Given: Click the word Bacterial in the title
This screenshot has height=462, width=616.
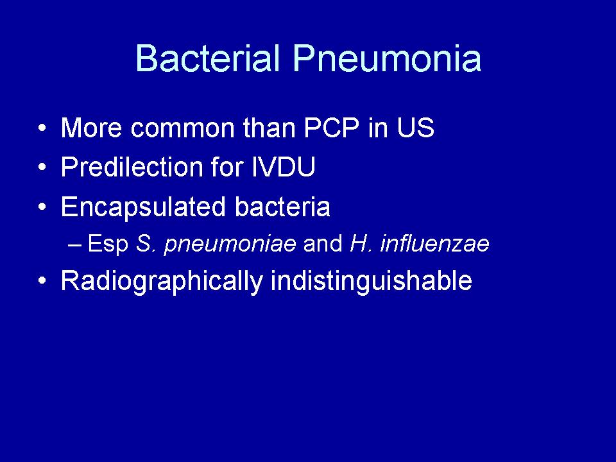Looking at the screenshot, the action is click(x=208, y=58).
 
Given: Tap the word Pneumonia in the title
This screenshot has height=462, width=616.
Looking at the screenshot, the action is click(x=387, y=58).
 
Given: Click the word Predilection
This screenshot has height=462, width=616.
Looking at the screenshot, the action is click(x=132, y=167).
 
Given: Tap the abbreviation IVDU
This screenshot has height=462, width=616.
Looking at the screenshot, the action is click(x=283, y=167).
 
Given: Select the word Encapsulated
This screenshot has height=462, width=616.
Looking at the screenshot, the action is click(x=143, y=207).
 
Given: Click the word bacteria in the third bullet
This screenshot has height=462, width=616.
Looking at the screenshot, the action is click(x=282, y=206).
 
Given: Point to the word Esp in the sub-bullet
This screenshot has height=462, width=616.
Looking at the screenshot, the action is click(x=108, y=244).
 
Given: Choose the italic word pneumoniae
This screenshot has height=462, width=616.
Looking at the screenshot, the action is click(x=230, y=244).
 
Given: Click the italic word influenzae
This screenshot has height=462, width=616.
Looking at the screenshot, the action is click(x=434, y=243).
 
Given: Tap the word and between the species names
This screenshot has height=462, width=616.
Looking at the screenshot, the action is click(x=323, y=243).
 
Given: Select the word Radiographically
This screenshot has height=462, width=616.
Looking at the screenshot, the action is click(x=162, y=282).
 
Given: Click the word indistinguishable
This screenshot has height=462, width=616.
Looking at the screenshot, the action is click(x=372, y=282).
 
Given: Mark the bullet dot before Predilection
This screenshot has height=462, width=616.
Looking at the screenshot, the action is click(x=42, y=167).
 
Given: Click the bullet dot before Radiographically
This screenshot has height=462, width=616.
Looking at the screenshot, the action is click(x=42, y=280).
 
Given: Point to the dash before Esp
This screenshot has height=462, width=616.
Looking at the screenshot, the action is click(x=74, y=244).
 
